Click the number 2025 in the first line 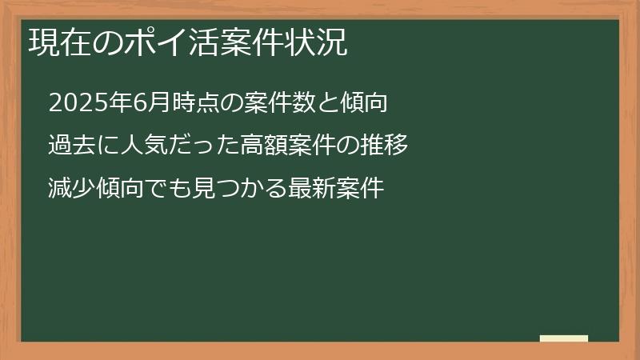[x=70, y=103]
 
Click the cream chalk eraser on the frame [x=564, y=338]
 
